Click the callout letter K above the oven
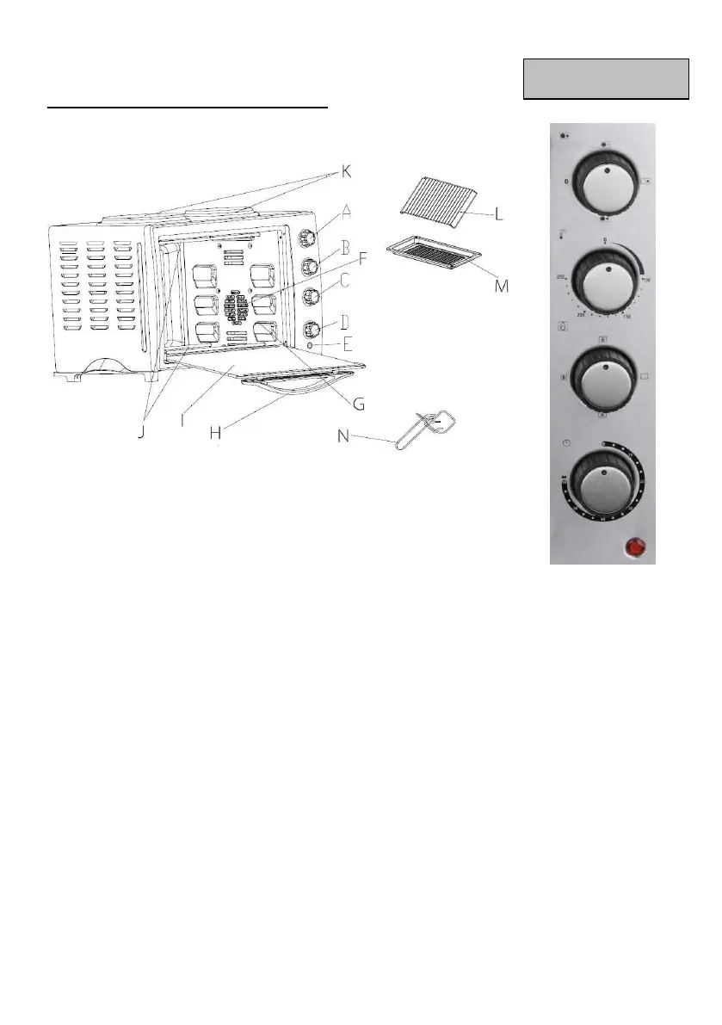(x=346, y=170)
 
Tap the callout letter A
(x=347, y=209)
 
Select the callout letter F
(x=362, y=257)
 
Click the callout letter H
(x=215, y=433)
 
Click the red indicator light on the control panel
(x=636, y=546)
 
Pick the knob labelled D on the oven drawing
(x=308, y=329)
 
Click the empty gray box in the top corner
(x=606, y=80)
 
